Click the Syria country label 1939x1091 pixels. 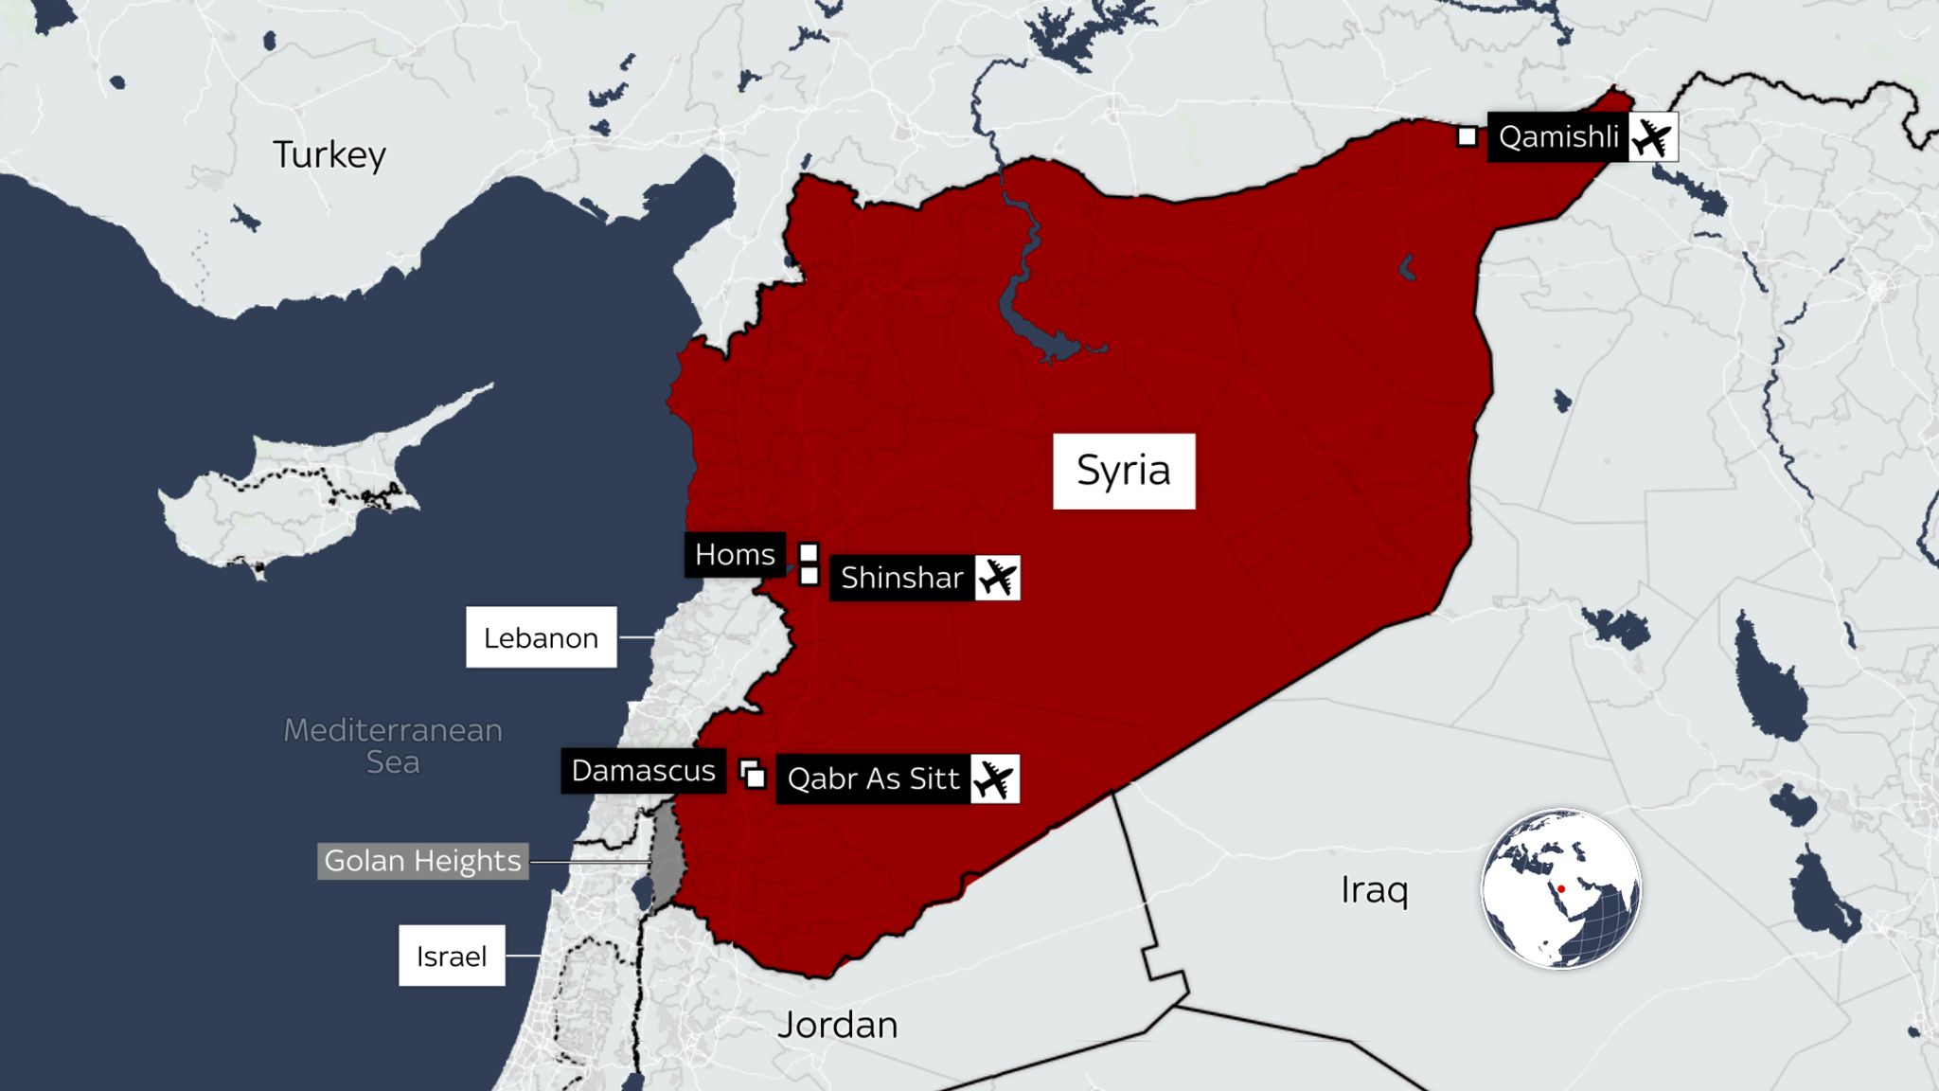pyautogui.click(x=1124, y=472)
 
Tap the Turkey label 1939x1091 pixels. pyautogui.click(x=329, y=154)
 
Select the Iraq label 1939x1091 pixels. pyautogui.click(x=1374, y=890)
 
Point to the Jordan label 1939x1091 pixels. pyautogui.click(x=837, y=1025)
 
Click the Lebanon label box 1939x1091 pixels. pyautogui.click(x=541, y=637)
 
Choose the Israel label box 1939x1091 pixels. pyautogui.click(x=452, y=956)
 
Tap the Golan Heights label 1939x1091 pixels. pyautogui.click(x=422, y=861)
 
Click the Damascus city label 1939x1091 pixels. pyautogui.click(x=643, y=771)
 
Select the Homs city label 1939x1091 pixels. pyautogui.click(x=735, y=554)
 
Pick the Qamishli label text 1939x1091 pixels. pyautogui.click(x=1557, y=137)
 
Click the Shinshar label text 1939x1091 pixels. pyautogui.click(x=901, y=578)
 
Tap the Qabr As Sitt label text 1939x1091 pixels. pyautogui.click(x=873, y=778)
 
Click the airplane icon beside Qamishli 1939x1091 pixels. pyautogui.click(x=1653, y=137)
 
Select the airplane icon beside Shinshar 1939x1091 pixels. pyautogui.click(x=997, y=578)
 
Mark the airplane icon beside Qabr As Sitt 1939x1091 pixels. pyautogui.click(x=994, y=778)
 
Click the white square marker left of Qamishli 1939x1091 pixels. pyautogui.click(x=1467, y=137)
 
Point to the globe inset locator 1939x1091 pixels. pyautogui.click(x=1560, y=888)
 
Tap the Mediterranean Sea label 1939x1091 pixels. pyautogui.click(x=393, y=745)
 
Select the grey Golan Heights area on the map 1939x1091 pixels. pyautogui.click(x=667, y=857)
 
